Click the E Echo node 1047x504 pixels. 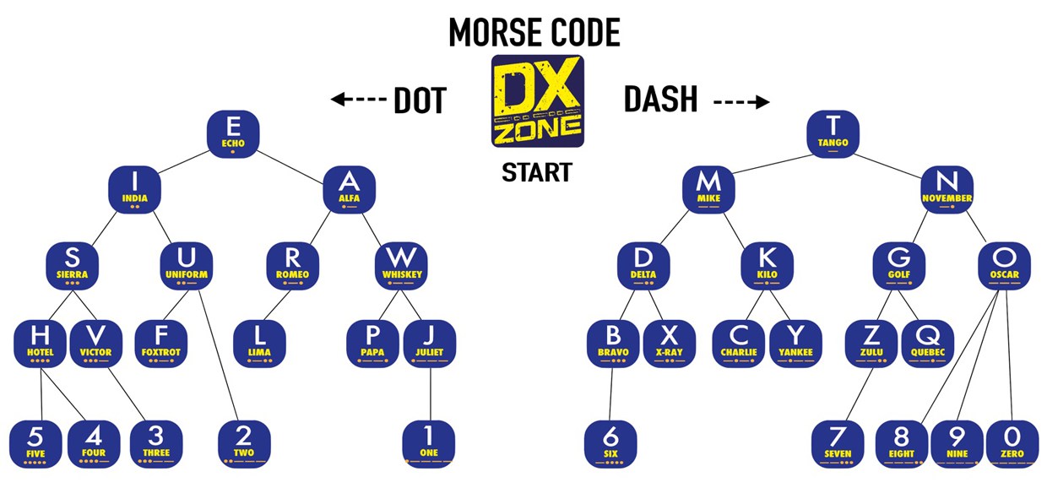click(233, 133)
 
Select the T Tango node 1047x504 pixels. click(833, 133)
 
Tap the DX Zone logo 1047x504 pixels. click(537, 101)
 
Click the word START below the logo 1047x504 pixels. click(537, 173)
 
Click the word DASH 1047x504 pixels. click(661, 100)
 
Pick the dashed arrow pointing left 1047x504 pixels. click(357, 100)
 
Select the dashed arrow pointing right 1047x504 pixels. click(741, 102)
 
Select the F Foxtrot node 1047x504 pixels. click(161, 343)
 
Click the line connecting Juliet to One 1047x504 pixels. click(431, 393)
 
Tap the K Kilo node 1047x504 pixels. click(767, 264)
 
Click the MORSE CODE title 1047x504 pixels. click(534, 32)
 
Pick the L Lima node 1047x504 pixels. click(259, 343)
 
